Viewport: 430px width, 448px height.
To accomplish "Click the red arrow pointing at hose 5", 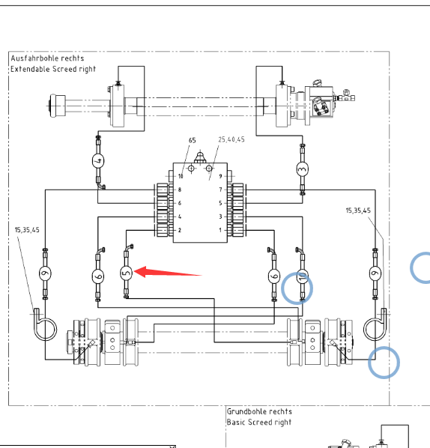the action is pyautogui.click(x=168, y=272).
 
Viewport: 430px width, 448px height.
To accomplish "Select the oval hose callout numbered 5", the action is pyautogui.click(x=126, y=273).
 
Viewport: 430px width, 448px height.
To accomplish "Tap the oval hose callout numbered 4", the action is pyautogui.click(x=98, y=161).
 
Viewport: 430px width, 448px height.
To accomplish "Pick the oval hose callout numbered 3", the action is pyautogui.click(x=303, y=169).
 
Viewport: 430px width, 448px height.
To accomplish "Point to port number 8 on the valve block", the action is pyautogui.click(x=180, y=190).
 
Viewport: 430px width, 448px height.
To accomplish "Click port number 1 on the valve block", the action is pyautogui.click(x=220, y=230).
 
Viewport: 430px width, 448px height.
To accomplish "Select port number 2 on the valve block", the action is pyautogui.click(x=180, y=230).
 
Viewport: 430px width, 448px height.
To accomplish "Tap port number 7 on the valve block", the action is pyautogui.click(x=220, y=190).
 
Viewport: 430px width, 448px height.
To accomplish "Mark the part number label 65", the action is pyautogui.click(x=193, y=140).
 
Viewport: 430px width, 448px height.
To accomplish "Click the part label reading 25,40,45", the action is pyautogui.click(x=231, y=139).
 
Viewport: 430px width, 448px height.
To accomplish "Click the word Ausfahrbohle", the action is pyautogui.click(x=35, y=58).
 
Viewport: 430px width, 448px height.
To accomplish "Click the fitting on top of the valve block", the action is pyautogui.click(x=200, y=157).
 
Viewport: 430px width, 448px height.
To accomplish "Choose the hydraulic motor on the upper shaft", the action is pyautogui.click(x=320, y=103).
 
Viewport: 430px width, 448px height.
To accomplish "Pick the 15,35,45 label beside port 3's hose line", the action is pyautogui.click(x=358, y=211).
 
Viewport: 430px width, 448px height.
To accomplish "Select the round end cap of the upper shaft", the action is pyautogui.click(x=58, y=106).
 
